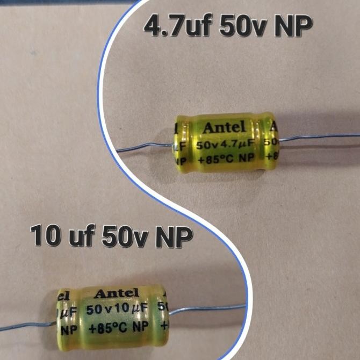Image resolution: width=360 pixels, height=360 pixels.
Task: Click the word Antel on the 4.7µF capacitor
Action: (224, 128)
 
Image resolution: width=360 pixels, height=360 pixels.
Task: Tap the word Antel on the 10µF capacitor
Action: (116, 294)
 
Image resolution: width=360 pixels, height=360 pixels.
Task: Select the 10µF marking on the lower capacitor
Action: (128, 309)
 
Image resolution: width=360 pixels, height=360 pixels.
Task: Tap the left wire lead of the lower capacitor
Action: (27, 325)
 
